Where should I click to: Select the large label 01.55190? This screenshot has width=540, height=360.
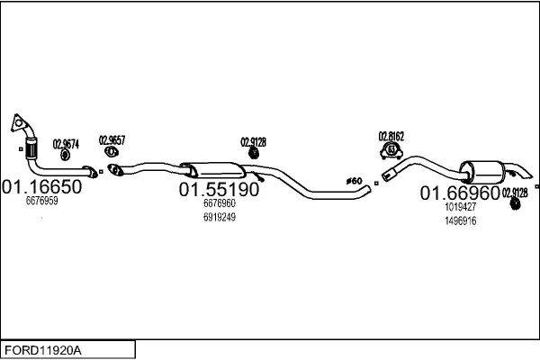(219, 190)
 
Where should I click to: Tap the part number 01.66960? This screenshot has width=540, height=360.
(460, 193)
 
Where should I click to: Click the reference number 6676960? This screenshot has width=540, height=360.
(219, 204)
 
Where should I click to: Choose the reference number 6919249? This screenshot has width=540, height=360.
(219, 217)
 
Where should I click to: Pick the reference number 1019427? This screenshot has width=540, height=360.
(460, 207)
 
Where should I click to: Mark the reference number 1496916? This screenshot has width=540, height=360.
(460, 220)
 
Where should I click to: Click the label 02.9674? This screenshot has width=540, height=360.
(66, 143)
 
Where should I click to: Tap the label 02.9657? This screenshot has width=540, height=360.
(112, 139)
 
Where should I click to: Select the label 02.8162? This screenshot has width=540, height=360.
(391, 136)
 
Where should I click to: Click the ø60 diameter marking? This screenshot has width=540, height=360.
(354, 182)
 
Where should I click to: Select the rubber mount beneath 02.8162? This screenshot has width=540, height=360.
(391, 149)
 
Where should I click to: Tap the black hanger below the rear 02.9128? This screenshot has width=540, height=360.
(516, 206)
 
